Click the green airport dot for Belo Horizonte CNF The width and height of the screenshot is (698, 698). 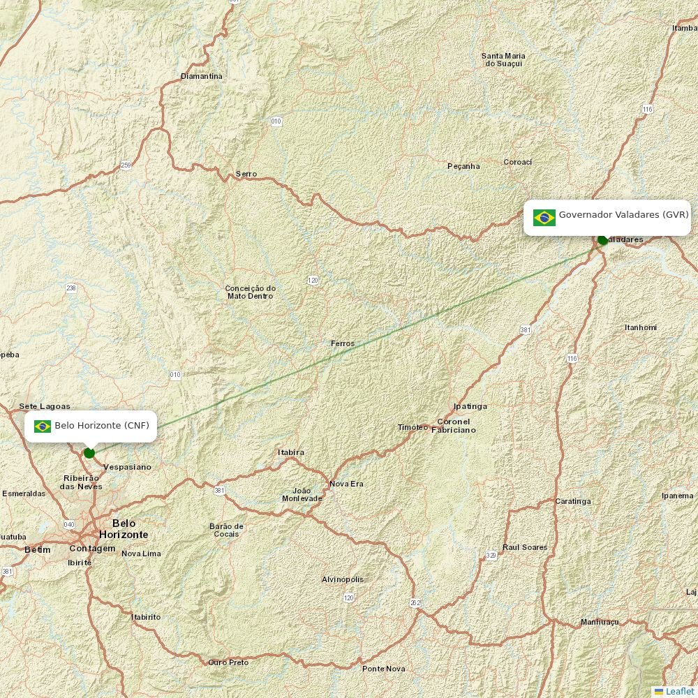click(x=89, y=453)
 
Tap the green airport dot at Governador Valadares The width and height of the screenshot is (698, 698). click(x=603, y=240)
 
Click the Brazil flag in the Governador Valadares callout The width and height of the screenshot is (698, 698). click(x=544, y=218)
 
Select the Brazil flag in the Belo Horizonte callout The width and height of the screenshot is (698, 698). click(x=43, y=426)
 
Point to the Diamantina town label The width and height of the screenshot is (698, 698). click(x=202, y=76)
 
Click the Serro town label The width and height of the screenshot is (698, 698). click(x=246, y=174)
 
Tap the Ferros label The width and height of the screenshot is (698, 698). click(x=343, y=343)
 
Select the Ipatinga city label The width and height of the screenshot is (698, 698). click(x=470, y=406)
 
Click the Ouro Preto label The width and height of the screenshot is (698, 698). click(x=228, y=662)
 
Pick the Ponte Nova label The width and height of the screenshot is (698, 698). click(x=383, y=669)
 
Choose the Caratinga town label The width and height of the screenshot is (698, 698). click(x=573, y=501)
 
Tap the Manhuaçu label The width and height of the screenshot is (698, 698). click(x=600, y=622)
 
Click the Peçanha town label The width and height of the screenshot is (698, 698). click(x=463, y=166)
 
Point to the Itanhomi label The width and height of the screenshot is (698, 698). click(x=641, y=327)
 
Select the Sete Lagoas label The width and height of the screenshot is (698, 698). click(x=45, y=406)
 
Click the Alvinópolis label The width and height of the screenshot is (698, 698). click(x=343, y=579)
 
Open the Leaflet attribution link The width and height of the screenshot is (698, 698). click(x=679, y=691)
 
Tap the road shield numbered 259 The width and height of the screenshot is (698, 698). click(x=126, y=165)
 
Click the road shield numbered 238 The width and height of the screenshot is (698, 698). click(x=71, y=288)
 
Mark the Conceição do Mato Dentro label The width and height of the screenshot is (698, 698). click(x=251, y=292)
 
